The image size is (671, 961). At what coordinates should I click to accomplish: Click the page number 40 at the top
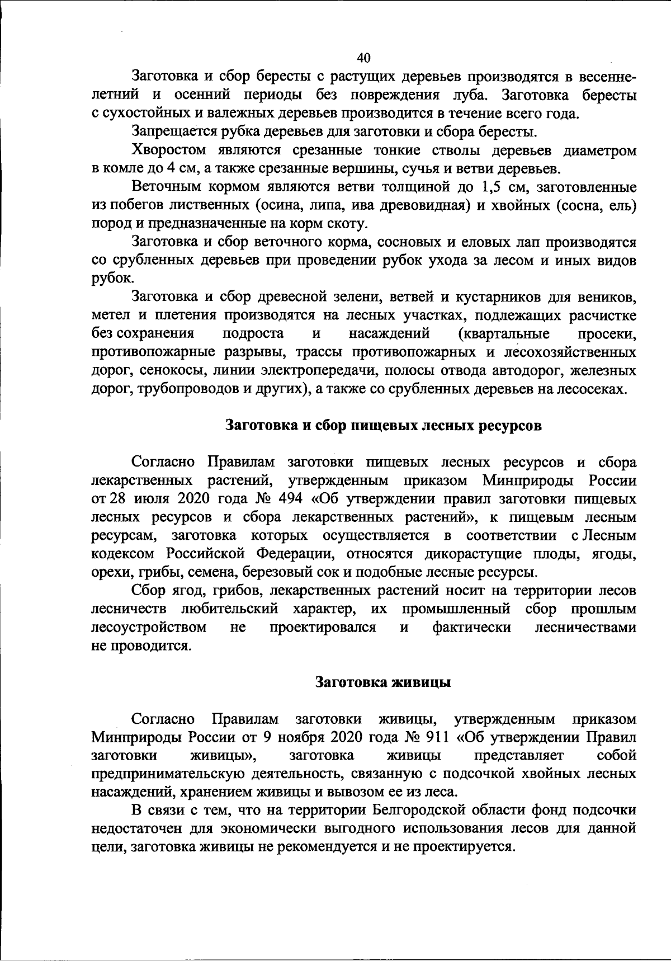[x=363, y=58]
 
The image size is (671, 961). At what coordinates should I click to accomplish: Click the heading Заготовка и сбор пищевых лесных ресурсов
[x=384, y=426]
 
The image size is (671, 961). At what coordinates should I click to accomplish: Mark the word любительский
[x=230, y=609]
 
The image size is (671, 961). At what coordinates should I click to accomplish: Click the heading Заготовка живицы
[x=383, y=682]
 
